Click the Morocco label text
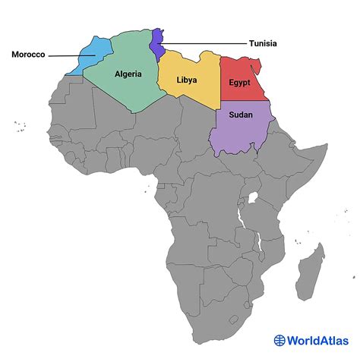click(x=29, y=55)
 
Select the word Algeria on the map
click(x=128, y=74)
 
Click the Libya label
click(x=188, y=80)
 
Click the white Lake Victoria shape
click(x=254, y=200)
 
